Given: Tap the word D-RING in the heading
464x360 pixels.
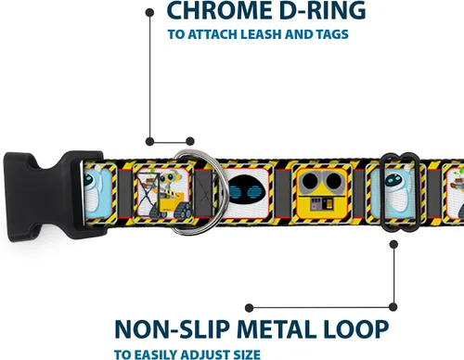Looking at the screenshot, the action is coord(322,10).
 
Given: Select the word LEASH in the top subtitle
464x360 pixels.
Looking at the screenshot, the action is coord(262,34).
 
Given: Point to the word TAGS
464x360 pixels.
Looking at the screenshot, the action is coord(332,34).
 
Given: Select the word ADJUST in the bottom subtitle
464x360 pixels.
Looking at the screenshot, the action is coord(203,354).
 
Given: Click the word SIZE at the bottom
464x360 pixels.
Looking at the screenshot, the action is coord(245,354).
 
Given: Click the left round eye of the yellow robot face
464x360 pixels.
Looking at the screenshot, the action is coord(310,181).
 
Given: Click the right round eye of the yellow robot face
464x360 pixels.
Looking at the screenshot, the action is coord(332,181).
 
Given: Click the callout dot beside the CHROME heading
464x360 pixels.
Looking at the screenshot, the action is coord(149,13).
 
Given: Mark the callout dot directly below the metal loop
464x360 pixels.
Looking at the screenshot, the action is coord(393,245).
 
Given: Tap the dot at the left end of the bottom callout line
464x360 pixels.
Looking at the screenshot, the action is coord(249,308).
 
